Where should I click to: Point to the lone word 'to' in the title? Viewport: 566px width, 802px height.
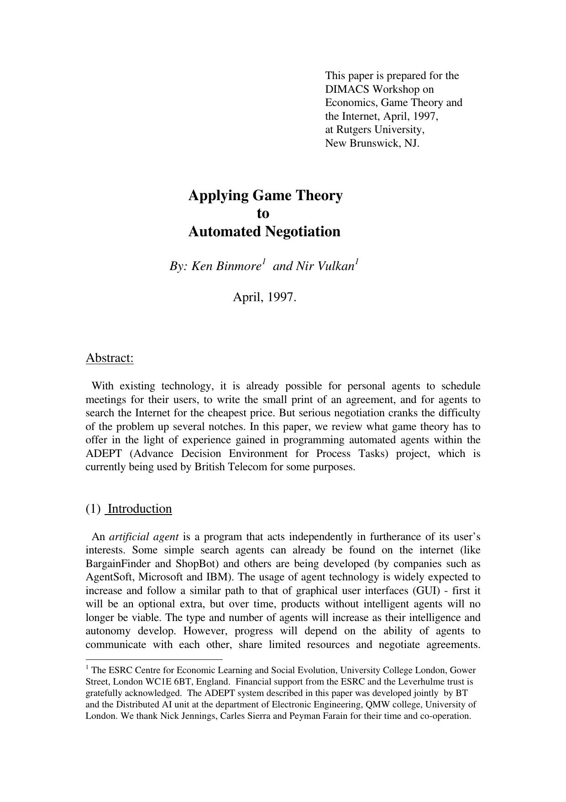tap(263, 213)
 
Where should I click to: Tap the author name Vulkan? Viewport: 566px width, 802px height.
tap(337, 266)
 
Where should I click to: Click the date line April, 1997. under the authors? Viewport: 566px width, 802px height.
tap(264, 297)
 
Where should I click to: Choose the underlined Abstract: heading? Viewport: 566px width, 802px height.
tap(110, 358)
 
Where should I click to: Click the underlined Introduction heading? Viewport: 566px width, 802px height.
tap(140, 509)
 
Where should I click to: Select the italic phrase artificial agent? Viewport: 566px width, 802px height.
tap(144, 536)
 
